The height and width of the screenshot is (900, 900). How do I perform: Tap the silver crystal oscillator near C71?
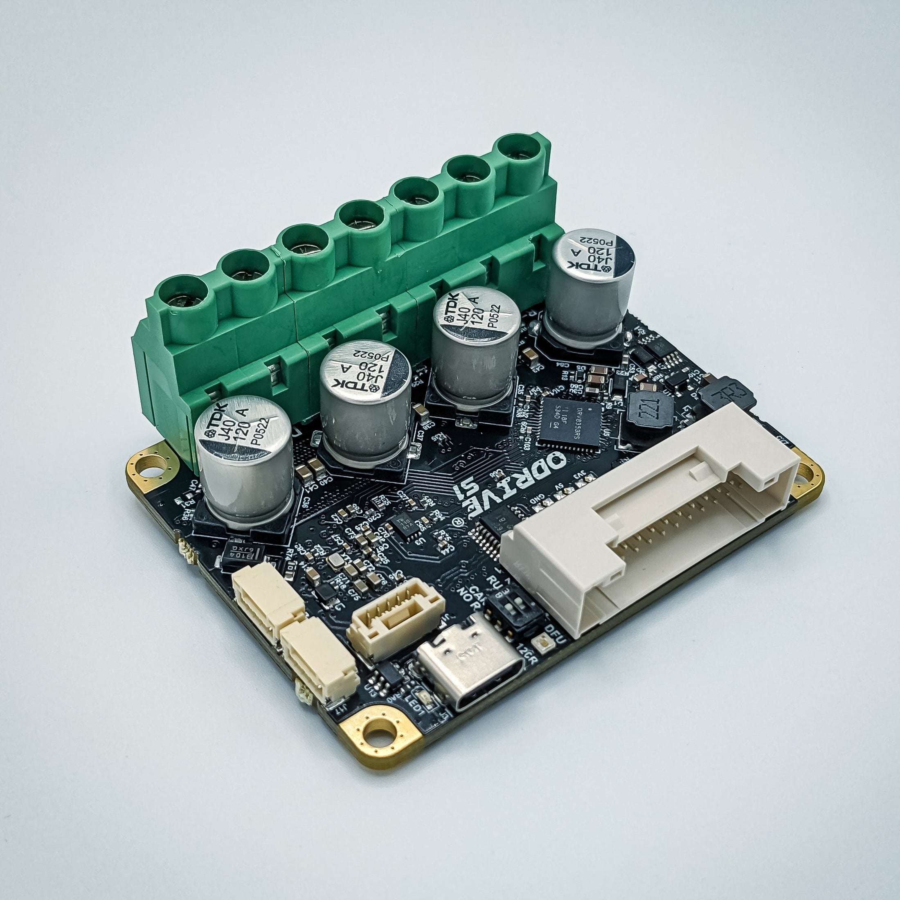coord(337,561)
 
